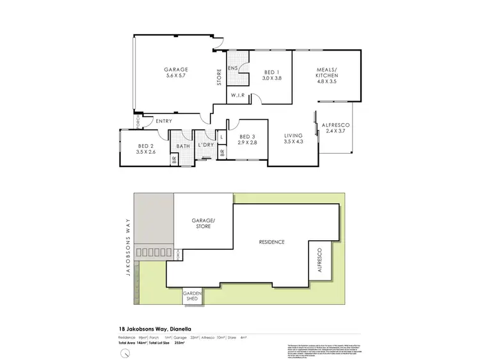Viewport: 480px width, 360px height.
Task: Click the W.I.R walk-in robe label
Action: point(238,95)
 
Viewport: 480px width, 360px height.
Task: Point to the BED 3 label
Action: point(248,136)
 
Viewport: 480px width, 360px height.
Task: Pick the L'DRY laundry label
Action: point(205,146)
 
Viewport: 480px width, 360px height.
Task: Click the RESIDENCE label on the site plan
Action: point(271,242)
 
